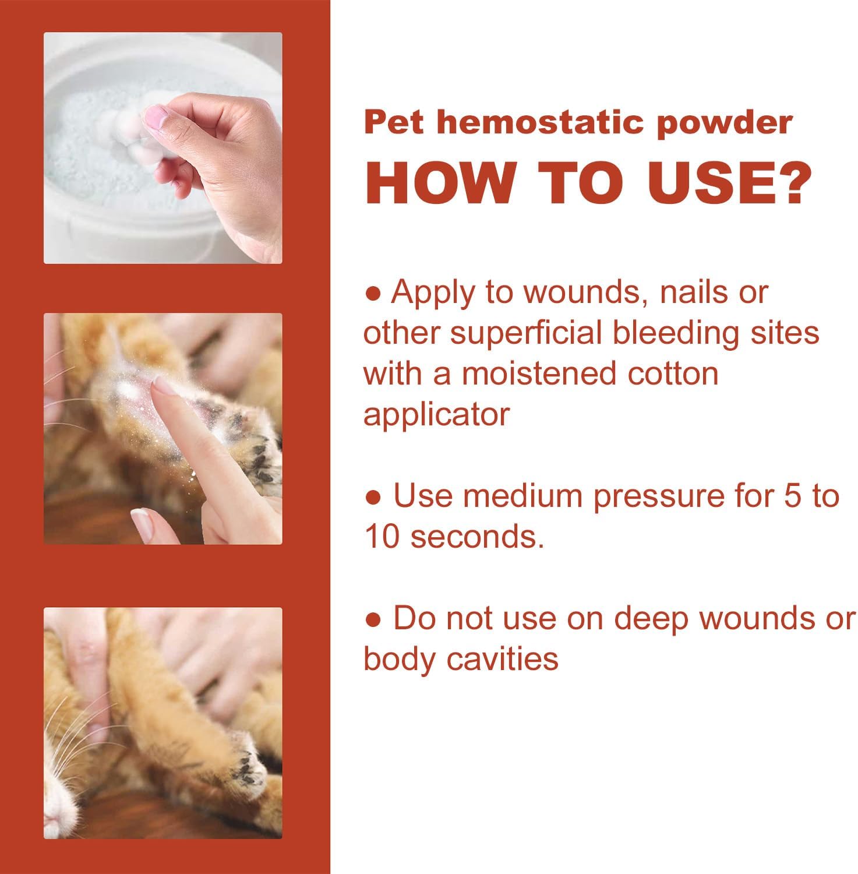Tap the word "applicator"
(x=436, y=414)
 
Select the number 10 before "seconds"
(x=382, y=537)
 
